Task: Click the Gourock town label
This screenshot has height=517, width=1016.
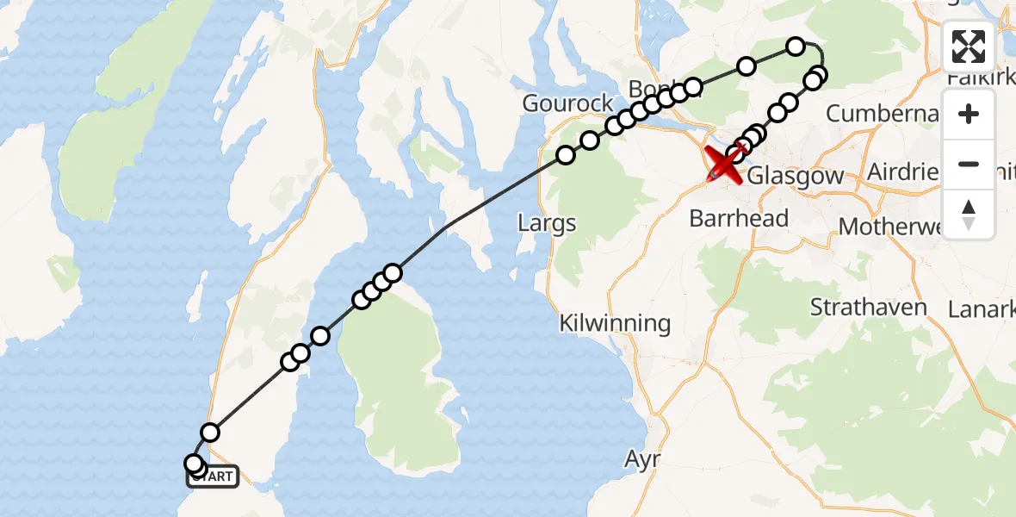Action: (568, 103)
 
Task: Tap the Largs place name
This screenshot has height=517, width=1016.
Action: (547, 224)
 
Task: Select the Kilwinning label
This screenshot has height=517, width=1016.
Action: (615, 324)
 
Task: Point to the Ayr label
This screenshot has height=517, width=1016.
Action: (643, 459)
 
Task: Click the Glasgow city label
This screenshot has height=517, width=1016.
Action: (796, 177)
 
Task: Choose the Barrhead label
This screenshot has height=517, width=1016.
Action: (739, 219)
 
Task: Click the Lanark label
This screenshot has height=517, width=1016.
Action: (981, 309)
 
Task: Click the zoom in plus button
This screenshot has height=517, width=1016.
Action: (969, 115)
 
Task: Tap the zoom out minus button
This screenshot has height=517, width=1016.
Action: (969, 164)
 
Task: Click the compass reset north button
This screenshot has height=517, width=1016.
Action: (969, 214)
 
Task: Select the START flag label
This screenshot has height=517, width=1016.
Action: (213, 475)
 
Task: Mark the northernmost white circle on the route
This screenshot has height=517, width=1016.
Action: (796, 46)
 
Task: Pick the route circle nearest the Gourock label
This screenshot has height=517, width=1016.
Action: (590, 140)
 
